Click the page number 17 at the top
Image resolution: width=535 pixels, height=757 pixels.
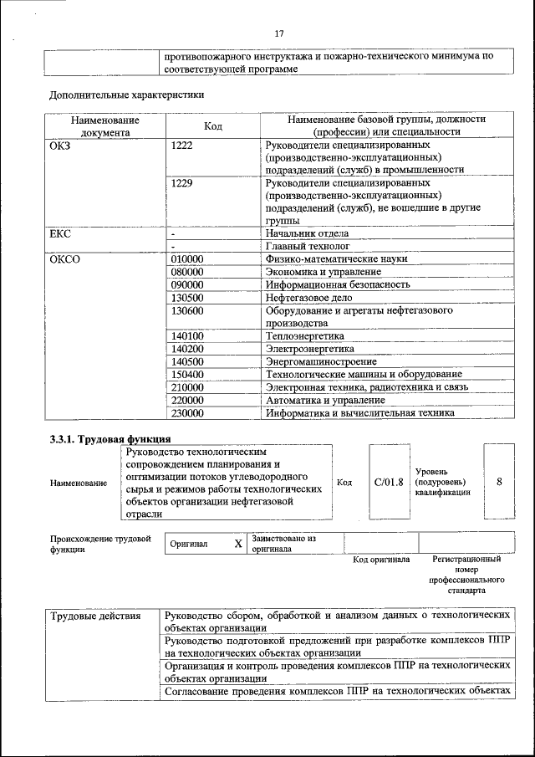click(279, 33)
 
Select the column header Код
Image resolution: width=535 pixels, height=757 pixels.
click(213, 125)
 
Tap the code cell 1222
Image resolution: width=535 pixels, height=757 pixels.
click(181, 146)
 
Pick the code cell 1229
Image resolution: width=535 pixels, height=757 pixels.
click(181, 182)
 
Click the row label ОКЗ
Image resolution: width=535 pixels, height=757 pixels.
click(62, 146)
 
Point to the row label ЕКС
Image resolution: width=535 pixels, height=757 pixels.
click(61, 233)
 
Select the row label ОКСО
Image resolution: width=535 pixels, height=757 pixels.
click(65, 259)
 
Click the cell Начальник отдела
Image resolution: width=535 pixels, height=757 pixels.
click(307, 233)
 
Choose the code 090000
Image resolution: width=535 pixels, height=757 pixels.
click(187, 284)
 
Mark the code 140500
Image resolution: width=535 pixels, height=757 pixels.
click(187, 361)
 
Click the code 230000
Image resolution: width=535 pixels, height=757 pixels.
click(187, 412)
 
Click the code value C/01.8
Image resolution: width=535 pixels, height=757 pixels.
click(389, 483)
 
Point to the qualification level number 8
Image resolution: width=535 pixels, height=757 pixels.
click(499, 483)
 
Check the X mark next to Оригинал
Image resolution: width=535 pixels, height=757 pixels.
click(237, 545)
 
